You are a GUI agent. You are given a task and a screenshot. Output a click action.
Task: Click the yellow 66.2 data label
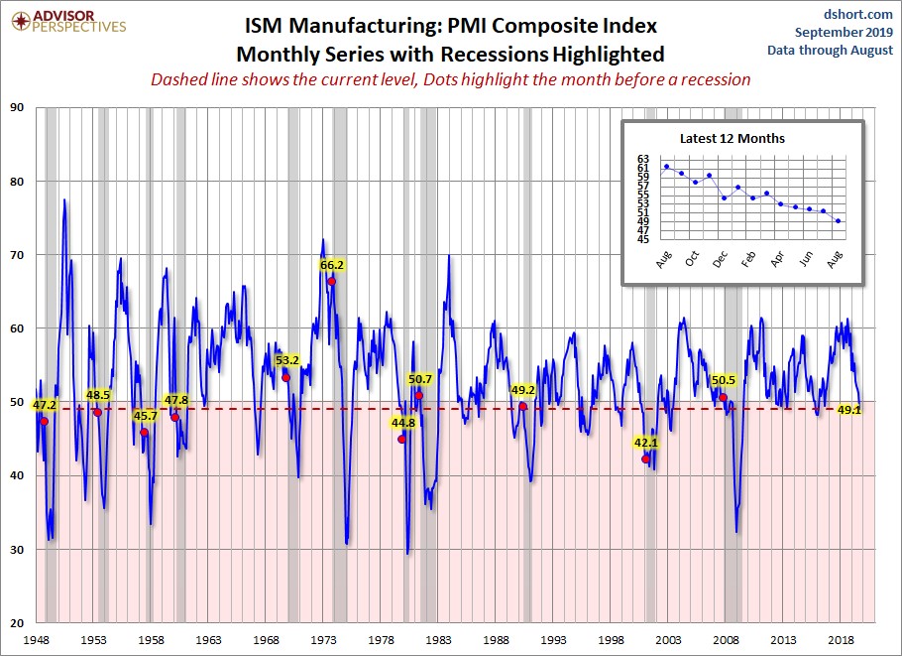pyautogui.click(x=332, y=265)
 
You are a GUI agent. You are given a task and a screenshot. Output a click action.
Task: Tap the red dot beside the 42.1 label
pyautogui.click(x=645, y=459)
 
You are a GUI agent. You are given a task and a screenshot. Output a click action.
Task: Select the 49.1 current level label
pyautogui.click(x=848, y=409)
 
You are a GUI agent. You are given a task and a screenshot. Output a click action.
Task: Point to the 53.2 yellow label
pyautogui.click(x=287, y=360)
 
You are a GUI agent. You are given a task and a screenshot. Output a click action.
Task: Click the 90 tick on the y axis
pyautogui.click(x=18, y=107)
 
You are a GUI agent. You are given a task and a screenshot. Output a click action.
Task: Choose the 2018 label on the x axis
pyautogui.click(x=842, y=640)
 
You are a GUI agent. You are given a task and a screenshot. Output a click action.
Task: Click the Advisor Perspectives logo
pyautogui.click(x=66, y=21)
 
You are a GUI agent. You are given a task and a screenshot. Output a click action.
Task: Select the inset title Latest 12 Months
pyautogui.click(x=732, y=138)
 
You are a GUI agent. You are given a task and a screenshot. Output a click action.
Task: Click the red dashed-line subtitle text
pyautogui.click(x=450, y=78)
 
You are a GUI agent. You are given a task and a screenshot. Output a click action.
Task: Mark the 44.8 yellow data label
pyautogui.click(x=403, y=422)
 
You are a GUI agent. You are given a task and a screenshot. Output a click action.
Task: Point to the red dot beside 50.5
pyautogui.click(x=724, y=397)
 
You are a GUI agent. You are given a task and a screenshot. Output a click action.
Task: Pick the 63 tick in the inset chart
pyautogui.click(x=642, y=159)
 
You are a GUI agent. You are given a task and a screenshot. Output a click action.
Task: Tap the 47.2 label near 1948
pyautogui.click(x=45, y=405)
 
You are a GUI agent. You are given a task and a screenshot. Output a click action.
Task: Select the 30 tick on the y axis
pyautogui.click(x=18, y=549)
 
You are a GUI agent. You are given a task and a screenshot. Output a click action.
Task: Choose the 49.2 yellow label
pyautogui.click(x=523, y=390)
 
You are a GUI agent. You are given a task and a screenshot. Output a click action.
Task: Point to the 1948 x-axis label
pyautogui.click(x=37, y=640)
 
